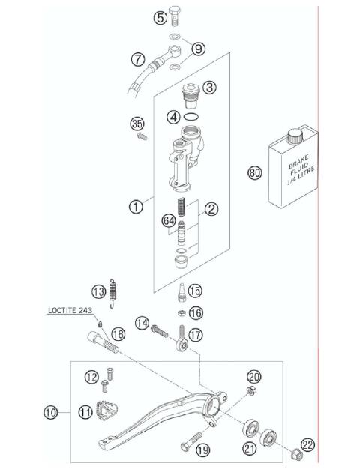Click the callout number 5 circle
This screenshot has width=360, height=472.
point(160,17)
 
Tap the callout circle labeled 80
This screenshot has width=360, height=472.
point(255,173)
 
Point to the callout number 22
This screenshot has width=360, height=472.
point(307,444)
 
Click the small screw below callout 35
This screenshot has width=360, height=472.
point(140,137)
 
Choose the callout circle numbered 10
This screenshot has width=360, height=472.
point(51,411)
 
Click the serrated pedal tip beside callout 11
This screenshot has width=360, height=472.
point(108,412)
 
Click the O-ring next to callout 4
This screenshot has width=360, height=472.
point(192,116)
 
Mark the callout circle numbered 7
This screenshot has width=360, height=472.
point(137,58)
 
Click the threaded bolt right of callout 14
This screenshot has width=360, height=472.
point(166,327)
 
